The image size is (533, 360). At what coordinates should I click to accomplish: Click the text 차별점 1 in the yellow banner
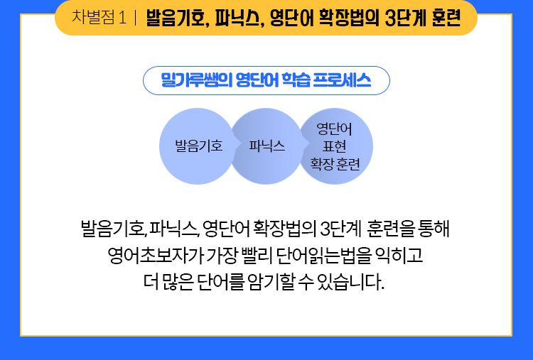(99, 17)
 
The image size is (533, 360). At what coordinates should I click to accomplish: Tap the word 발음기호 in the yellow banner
(177, 18)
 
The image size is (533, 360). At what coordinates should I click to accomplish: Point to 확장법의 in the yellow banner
(349, 18)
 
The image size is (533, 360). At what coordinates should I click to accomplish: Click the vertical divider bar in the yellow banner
(135, 18)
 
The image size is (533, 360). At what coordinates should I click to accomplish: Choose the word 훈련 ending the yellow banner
(446, 18)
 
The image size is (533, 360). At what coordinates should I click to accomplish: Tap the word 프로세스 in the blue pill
(342, 80)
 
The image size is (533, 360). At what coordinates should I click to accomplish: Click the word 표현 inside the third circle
(334, 147)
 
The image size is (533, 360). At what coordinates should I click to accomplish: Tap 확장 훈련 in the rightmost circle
(335, 164)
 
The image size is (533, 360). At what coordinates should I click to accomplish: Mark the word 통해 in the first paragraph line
(434, 229)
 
